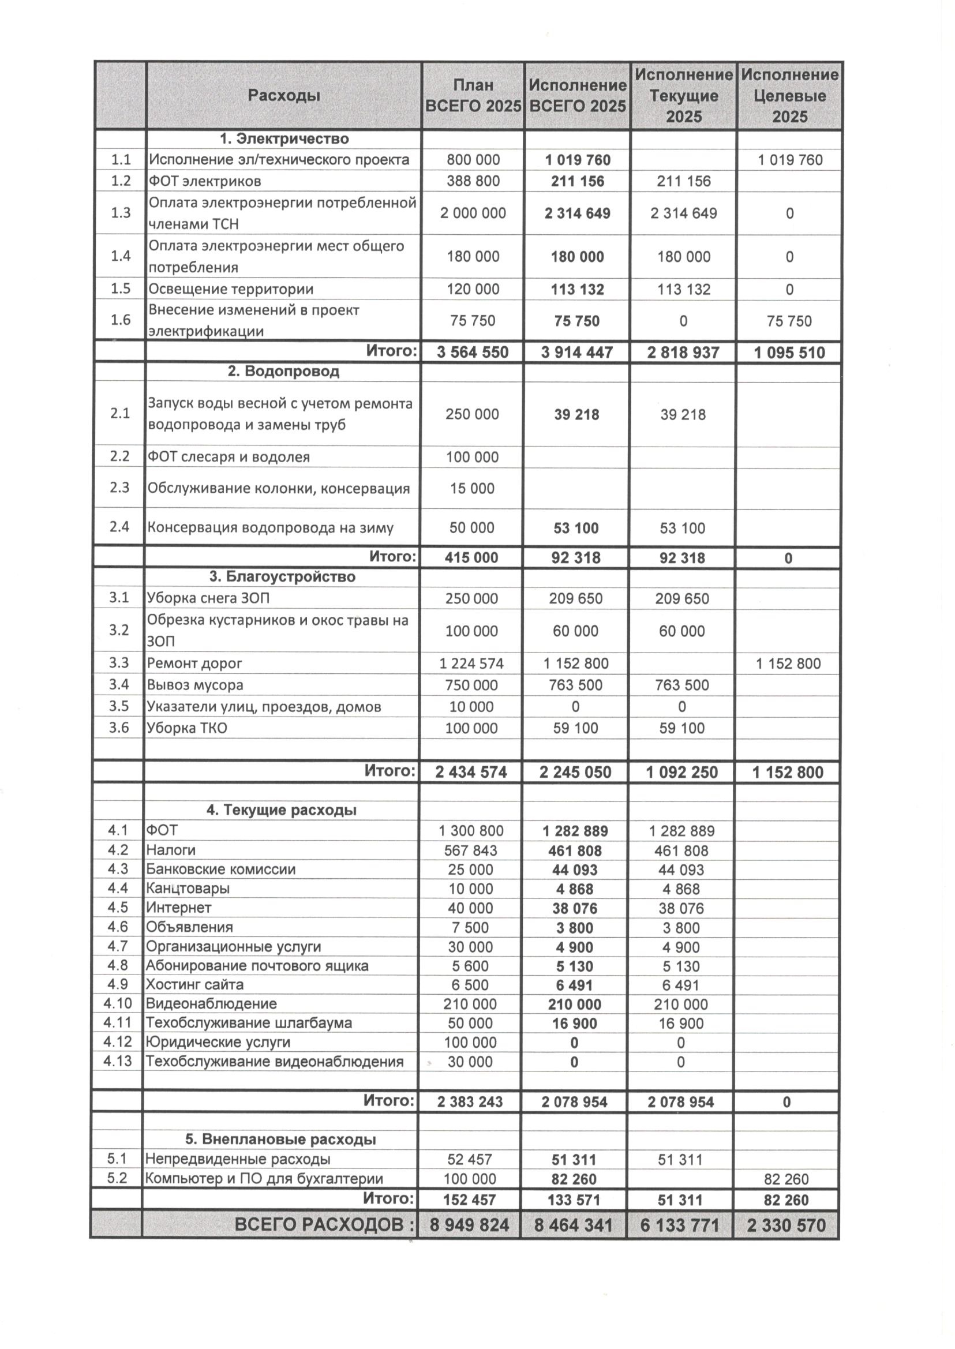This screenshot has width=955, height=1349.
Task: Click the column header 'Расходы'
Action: point(283,95)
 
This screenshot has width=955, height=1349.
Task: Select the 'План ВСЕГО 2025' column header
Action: point(473,95)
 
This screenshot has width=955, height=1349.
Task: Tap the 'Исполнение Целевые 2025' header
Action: point(789,95)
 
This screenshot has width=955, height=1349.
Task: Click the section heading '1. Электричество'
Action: point(284,139)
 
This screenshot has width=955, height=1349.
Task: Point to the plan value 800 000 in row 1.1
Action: point(473,160)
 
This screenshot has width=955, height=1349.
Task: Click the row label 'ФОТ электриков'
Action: point(205,181)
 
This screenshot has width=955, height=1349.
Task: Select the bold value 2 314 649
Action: point(577,213)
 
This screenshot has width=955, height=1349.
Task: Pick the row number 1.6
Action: point(121,320)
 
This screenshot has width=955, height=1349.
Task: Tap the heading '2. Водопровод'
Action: point(283,372)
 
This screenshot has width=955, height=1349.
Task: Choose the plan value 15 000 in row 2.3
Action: point(471,488)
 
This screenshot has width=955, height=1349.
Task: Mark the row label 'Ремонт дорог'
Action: point(194,664)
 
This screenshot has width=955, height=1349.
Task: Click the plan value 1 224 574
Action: point(471,664)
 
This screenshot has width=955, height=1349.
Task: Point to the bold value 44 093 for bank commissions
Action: point(575,870)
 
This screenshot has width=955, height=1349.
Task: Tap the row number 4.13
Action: point(118,1062)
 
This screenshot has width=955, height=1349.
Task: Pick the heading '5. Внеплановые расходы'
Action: point(280,1139)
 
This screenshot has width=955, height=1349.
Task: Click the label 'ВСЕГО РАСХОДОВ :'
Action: point(325,1226)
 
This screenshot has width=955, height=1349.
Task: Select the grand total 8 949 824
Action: point(469,1226)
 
